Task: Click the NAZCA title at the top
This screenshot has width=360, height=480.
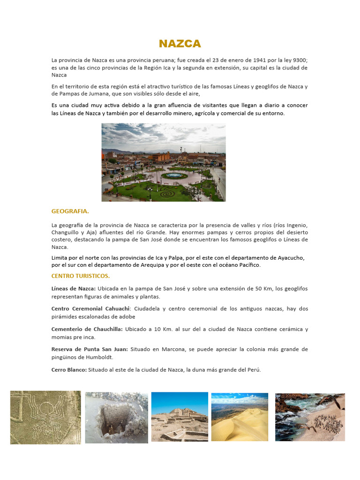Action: coord(180,44)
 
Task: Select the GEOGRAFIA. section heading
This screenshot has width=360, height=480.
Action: coord(70,211)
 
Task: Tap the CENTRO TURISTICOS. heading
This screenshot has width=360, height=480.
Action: coord(80,276)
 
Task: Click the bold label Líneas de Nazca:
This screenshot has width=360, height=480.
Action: coord(73,288)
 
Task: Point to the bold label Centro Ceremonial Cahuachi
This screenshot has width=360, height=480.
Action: coord(91,309)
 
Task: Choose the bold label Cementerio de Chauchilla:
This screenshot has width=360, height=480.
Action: coord(87,329)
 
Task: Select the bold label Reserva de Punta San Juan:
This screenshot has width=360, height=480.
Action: coord(90,349)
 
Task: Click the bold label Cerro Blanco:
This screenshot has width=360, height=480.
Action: coord(69,369)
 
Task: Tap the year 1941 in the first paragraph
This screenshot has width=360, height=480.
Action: coord(260,60)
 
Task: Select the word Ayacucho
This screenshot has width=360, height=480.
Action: coord(291,258)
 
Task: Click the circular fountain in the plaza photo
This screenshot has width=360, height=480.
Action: coord(174,175)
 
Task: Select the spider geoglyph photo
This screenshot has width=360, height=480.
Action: coord(45,417)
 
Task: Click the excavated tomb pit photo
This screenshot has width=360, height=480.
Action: coord(116,417)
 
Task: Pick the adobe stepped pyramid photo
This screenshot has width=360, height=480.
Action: coord(180,417)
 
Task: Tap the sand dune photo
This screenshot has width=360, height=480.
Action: coord(240,417)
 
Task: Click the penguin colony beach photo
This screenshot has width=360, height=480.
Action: coord(310,417)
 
